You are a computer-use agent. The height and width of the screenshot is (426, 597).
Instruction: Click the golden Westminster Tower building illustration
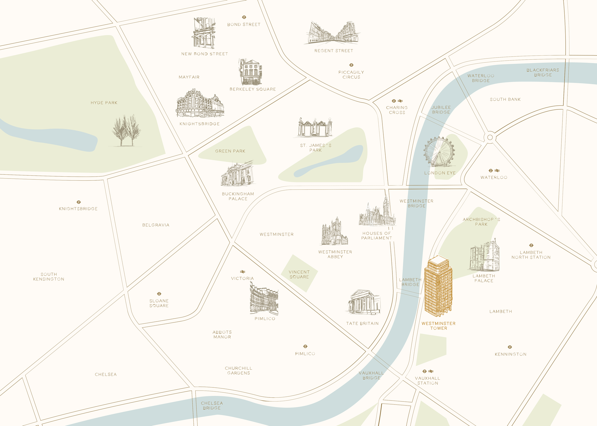[x=438, y=286]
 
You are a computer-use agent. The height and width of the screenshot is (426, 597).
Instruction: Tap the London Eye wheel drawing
[x=439, y=152]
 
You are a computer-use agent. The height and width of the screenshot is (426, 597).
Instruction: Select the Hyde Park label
[x=104, y=103]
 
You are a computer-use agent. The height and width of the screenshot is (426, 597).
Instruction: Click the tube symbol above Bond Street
[x=244, y=17]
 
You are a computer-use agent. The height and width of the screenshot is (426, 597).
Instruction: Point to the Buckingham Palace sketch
[x=237, y=174]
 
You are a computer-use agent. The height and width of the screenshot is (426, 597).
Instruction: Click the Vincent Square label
[x=299, y=275]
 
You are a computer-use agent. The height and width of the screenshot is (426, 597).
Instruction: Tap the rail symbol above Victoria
[x=243, y=272]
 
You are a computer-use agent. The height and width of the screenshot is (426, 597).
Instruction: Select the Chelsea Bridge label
[x=212, y=405]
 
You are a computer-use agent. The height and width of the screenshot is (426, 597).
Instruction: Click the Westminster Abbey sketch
[x=334, y=232]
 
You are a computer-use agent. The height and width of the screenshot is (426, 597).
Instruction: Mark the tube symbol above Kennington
[x=510, y=347]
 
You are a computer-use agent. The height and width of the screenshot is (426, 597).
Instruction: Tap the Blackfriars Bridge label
[x=543, y=72]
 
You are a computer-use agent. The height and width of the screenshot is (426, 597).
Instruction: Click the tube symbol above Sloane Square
[x=159, y=294]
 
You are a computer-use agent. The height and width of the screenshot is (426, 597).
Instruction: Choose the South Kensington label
[x=49, y=277]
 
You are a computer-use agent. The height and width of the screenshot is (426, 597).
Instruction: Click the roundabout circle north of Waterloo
[x=490, y=137]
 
